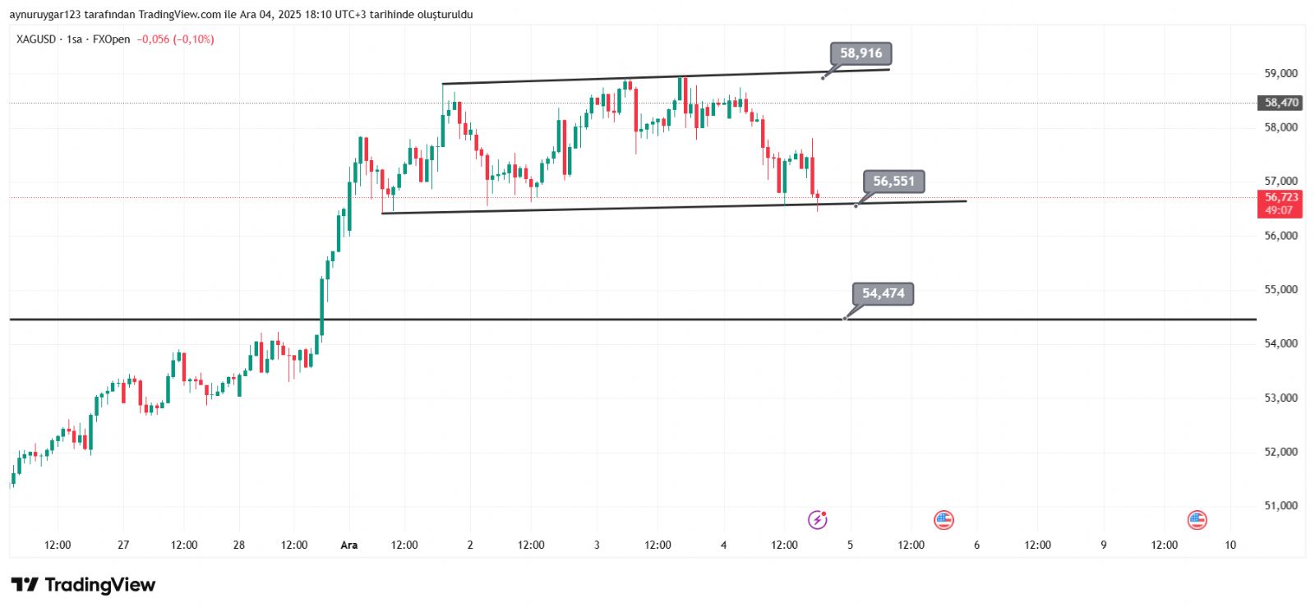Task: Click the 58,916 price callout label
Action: (861, 53)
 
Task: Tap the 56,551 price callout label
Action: (893, 181)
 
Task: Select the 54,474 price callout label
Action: (883, 293)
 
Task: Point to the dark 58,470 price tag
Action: (1280, 103)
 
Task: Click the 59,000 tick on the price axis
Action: (1280, 73)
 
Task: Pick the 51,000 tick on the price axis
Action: (1280, 505)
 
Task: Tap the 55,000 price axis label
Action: (1280, 289)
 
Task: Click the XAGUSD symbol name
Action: (36, 39)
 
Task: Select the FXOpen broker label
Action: (111, 39)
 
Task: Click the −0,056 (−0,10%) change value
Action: (175, 39)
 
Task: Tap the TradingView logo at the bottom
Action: (83, 585)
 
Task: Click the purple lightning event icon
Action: (817, 519)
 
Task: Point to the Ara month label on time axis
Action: (349, 545)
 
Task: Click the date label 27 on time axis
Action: (123, 545)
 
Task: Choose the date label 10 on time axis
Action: (1230, 545)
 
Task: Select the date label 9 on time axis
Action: (1104, 545)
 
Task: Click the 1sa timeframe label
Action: (74, 39)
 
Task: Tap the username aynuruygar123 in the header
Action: (45, 14)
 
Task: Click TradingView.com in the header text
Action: (180, 14)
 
